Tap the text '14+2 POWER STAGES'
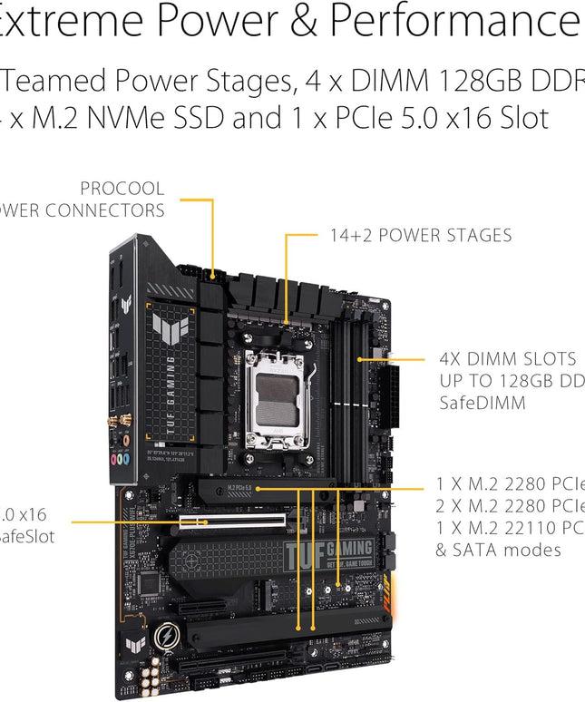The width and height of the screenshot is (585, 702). [x=420, y=236]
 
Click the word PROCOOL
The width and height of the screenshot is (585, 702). [x=122, y=189]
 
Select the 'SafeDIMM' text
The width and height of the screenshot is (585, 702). [x=482, y=402]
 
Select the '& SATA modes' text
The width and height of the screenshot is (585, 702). [x=499, y=550]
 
